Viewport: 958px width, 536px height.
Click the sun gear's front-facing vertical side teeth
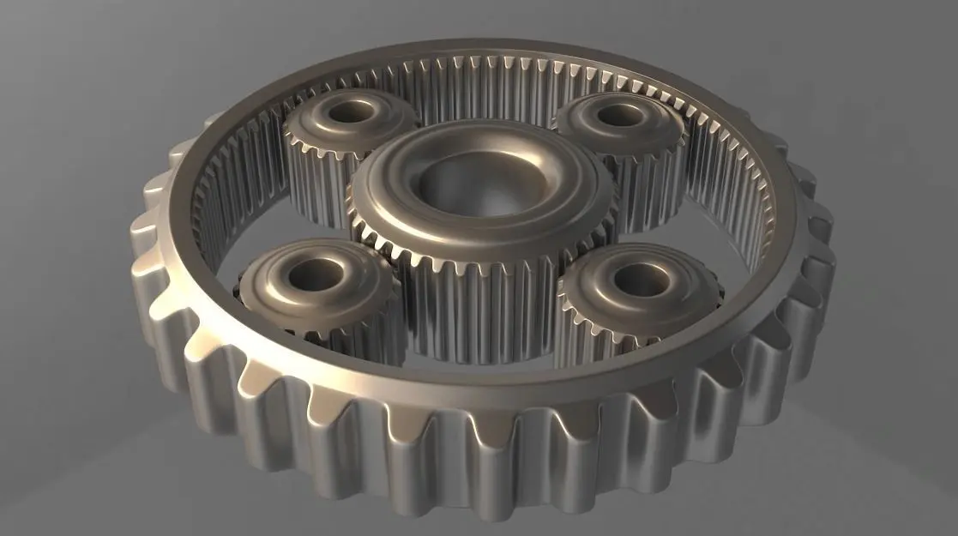tap(480, 300)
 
